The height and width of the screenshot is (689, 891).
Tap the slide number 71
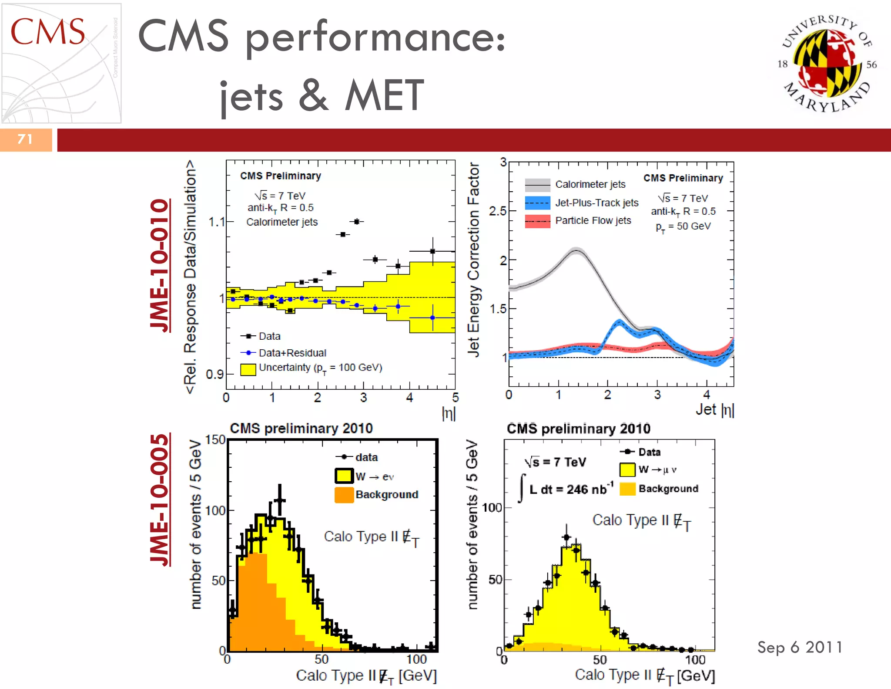point(25,139)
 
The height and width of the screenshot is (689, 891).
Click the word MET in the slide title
point(384,95)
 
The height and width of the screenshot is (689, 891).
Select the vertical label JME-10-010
point(159,266)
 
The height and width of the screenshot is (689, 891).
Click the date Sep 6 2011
point(800,647)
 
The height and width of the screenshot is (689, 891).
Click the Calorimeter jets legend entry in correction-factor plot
point(590,185)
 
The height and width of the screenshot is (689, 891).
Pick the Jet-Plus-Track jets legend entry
point(596,203)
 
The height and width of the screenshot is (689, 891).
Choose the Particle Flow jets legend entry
point(593,221)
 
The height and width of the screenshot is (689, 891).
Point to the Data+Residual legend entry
point(292,353)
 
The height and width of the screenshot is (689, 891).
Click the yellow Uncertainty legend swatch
point(248,369)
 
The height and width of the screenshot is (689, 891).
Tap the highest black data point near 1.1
point(357,222)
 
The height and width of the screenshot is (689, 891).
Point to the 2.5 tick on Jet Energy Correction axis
point(498,211)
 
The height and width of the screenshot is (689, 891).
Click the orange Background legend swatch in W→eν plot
point(344,495)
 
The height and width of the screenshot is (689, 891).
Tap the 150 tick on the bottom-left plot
point(215,440)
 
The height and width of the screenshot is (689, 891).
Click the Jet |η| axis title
point(714,410)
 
